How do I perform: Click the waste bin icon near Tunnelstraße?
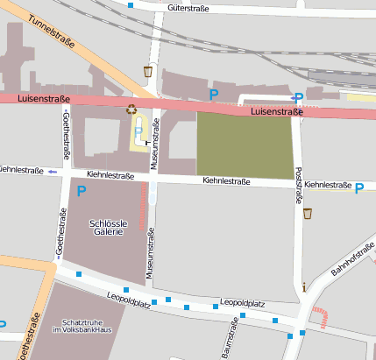[148, 71]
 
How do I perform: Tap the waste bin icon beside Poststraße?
[307, 213]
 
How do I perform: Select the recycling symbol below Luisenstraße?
[131, 109]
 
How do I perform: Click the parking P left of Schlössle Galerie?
[82, 190]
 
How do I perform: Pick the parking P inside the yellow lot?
[138, 131]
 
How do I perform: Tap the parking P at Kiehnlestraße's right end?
[359, 187]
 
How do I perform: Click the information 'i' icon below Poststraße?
[303, 286]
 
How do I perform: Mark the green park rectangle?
[244, 145]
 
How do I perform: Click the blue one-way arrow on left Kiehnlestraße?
[53, 171]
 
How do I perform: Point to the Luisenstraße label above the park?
[276, 112]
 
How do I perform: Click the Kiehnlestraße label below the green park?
[226, 181]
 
